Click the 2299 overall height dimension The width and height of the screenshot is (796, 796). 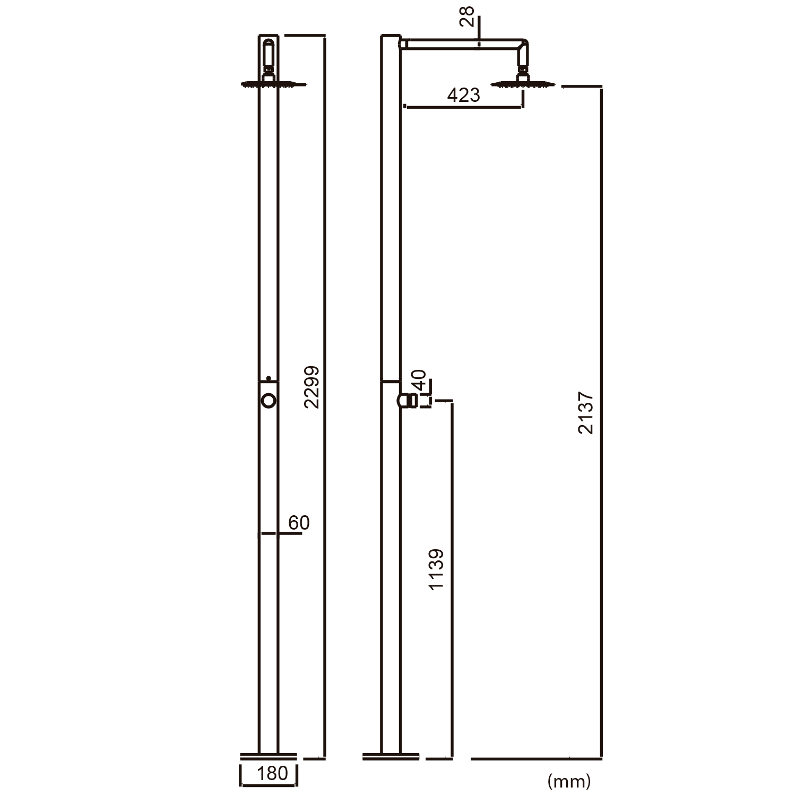(312, 387)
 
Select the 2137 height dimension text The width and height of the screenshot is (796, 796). (586, 413)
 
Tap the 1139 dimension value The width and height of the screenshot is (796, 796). (436, 570)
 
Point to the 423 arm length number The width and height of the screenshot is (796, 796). (463, 96)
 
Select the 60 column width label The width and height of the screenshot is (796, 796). (299, 523)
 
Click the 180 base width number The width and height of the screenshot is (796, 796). (272, 774)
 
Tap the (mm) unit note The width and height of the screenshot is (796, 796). (569, 781)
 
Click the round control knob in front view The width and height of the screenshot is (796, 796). (269, 401)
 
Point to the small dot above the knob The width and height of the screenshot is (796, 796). (269, 378)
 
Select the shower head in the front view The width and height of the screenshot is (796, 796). (274, 83)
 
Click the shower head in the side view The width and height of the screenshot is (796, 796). (524, 83)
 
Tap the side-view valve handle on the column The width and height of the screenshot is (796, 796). (408, 401)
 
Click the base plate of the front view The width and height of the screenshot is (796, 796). (269, 755)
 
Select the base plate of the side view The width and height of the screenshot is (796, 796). (391, 755)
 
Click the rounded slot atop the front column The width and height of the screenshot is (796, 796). (269, 53)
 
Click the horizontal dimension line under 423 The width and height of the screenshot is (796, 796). (463, 107)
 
